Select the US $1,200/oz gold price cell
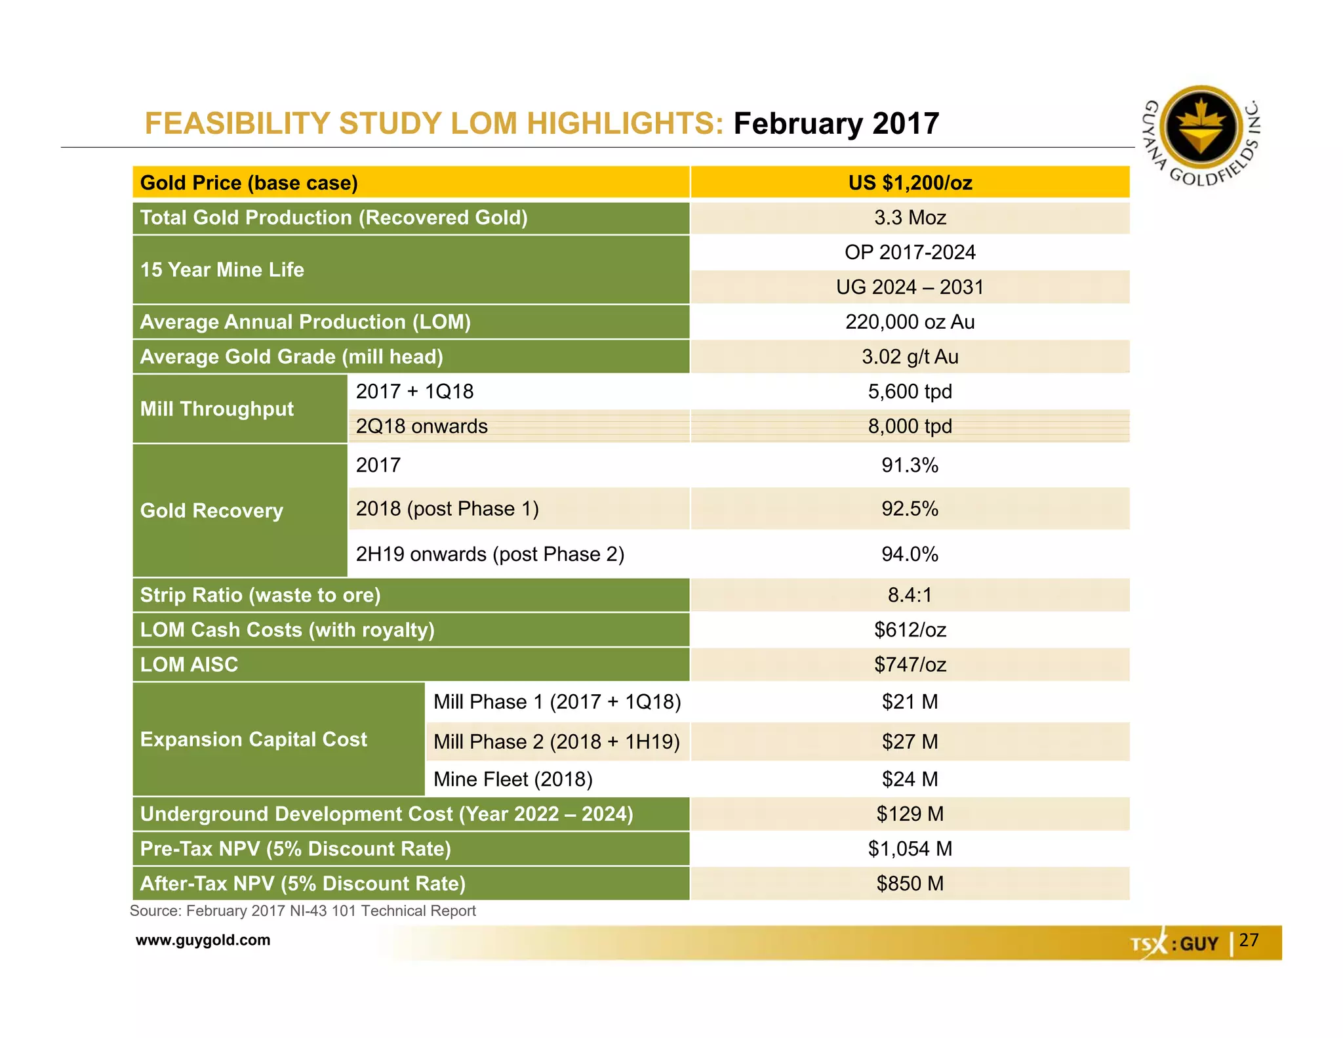pos(910,182)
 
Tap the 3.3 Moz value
pos(910,218)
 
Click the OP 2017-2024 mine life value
pos(910,253)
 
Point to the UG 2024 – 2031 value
pos(910,287)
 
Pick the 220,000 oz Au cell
pos(910,322)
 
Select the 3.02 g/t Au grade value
pos(910,357)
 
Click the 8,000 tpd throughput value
pos(910,426)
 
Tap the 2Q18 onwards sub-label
pos(422,426)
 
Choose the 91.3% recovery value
pos(910,465)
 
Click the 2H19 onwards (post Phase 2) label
pos(490,554)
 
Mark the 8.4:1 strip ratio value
pos(910,595)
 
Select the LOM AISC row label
pos(190,665)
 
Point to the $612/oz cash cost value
pos(910,630)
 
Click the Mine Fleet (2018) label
pos(513,779)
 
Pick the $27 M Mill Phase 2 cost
pos(910,742)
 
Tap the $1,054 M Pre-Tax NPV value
pos(910,849)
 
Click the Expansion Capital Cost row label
pos(254,739)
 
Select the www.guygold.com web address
pos(203,940)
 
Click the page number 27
pos(1249,940)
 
